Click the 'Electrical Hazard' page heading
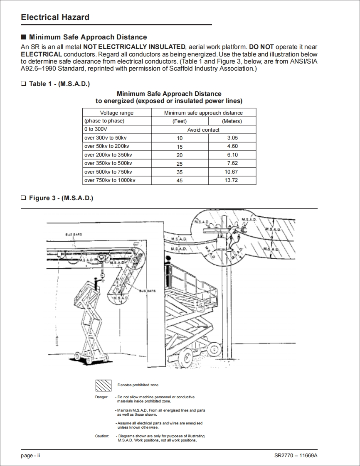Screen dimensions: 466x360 coord(55,17)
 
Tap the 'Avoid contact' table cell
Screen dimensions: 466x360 coord(203,130)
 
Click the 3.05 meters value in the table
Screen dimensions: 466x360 coord(232,138)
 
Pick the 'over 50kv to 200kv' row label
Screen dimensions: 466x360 coord(107,146)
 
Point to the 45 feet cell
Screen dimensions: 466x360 coord(180,181)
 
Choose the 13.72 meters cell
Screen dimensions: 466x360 coord(231,180)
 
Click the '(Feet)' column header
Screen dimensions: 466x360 coord(180,121)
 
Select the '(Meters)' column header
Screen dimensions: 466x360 coord(232,121)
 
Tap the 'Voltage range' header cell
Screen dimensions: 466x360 coord(117,113)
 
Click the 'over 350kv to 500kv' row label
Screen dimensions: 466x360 coord(108,163)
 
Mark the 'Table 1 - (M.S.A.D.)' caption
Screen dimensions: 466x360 coord(59,84)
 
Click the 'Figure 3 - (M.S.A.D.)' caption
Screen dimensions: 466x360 coord(61,198)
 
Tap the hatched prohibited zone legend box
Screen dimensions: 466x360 coord(103,385)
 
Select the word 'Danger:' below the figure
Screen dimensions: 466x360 coord(101,397)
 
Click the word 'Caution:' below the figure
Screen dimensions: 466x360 coord(102,436)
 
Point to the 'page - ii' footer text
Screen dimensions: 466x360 coord(30,456)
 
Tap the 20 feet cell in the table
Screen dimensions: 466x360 coord(180,155)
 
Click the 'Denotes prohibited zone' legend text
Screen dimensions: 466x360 coord(138,385)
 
